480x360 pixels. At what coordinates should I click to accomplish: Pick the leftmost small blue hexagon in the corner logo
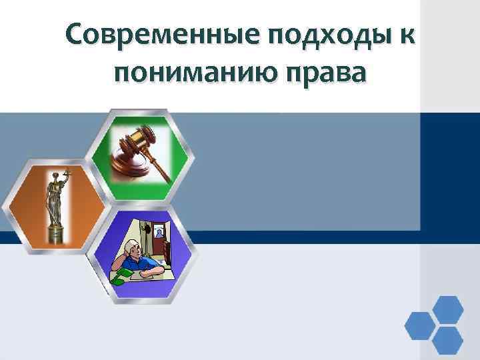coord(421,325)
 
